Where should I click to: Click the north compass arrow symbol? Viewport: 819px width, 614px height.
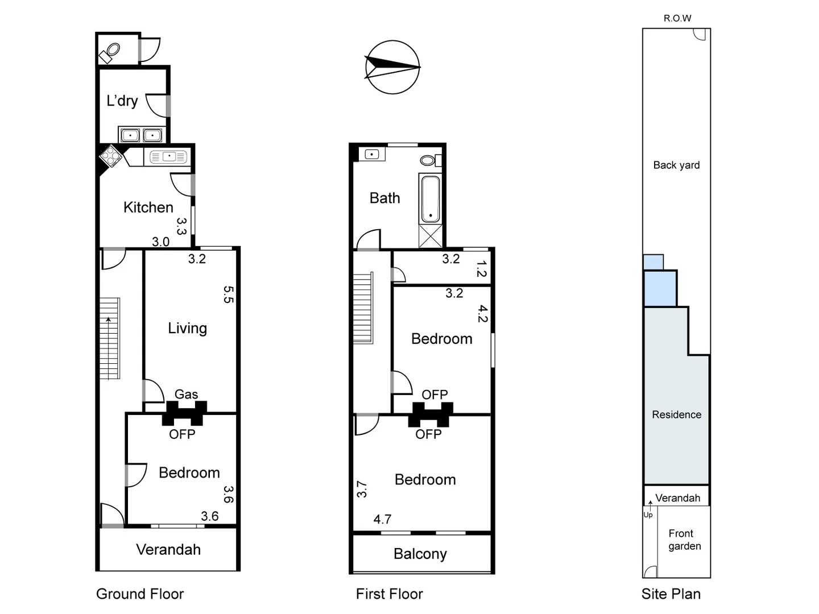coord(392,67)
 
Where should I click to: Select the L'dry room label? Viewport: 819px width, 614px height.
coord(122,101)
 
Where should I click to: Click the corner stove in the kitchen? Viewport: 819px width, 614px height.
coord(111,156)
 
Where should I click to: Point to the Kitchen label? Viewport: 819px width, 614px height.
coord(148,208)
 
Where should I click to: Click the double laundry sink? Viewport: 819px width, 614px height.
coord(141,135)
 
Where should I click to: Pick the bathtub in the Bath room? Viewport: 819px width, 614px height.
coord(429,198)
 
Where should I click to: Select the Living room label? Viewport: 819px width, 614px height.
coord(187,329)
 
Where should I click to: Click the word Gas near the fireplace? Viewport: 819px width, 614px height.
coord(186,394)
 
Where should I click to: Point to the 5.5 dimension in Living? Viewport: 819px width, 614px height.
coord(228,294)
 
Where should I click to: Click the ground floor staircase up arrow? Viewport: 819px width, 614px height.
coord(108,320)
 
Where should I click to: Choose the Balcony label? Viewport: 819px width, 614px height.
coord(420,554)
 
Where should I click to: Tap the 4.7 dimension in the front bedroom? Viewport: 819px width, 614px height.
coord(382,519)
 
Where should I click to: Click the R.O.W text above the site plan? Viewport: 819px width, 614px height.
coord(677,18)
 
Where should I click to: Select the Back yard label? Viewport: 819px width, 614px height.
coord(676,165)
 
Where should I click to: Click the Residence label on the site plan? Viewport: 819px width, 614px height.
coord(676,415)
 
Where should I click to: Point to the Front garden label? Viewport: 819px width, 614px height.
coord(684,540)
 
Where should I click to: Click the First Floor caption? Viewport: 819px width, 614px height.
coord(389,594)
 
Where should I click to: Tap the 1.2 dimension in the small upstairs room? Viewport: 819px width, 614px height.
coord(482,269)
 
